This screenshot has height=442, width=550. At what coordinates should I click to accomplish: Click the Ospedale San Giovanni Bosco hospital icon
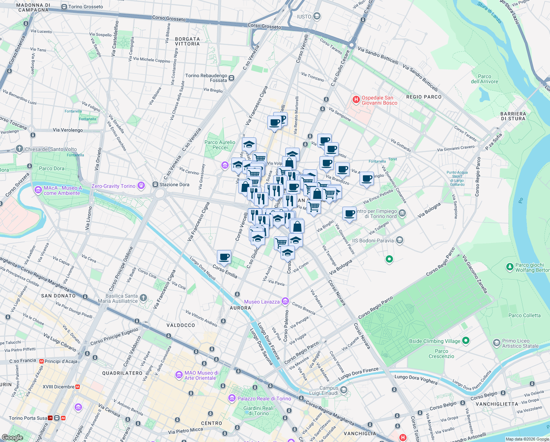click(x=356, y=99)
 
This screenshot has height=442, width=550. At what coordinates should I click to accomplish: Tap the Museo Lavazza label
click(x=262, y=302)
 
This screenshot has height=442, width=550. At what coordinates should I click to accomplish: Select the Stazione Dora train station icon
click(x=155, y=185)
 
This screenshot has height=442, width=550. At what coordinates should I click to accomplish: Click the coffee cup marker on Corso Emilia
click(x=224, y=256)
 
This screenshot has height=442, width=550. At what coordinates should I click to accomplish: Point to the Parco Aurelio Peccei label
click(x=220, y=145)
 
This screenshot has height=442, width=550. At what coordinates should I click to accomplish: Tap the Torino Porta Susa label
click(x=28, y=418)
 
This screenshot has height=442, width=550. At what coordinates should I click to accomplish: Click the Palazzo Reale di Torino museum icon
click(x=232, y=398)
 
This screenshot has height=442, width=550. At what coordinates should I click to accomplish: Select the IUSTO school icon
click(x=317, y=17)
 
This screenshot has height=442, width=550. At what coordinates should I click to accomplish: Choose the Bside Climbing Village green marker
click(x=466, y=341)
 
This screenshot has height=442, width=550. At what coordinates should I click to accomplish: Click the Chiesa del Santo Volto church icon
click(x=19, y=149)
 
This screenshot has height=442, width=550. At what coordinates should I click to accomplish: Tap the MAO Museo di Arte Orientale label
click(x=201, y=375)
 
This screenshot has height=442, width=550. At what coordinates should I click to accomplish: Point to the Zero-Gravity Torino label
click(x=113, y=186)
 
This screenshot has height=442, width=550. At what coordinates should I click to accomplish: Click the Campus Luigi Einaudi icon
click(x=343, y=390)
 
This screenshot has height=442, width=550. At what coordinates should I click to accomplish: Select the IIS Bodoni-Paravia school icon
click(x=400, y=241)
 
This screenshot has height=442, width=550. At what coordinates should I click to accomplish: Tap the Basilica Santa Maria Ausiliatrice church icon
click(x=143, y=298)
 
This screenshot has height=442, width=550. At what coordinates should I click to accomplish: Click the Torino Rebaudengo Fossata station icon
click(x=231, y=78)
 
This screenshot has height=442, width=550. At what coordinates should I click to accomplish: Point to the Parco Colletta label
click(x=524, y=315)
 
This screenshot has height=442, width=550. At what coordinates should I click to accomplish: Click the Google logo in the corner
click(x=12, y=437)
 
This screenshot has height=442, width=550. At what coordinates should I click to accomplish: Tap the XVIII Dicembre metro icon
click(x=78, y=387)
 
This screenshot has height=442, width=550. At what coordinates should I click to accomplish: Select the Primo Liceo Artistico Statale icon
click(x=496, y=343)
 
